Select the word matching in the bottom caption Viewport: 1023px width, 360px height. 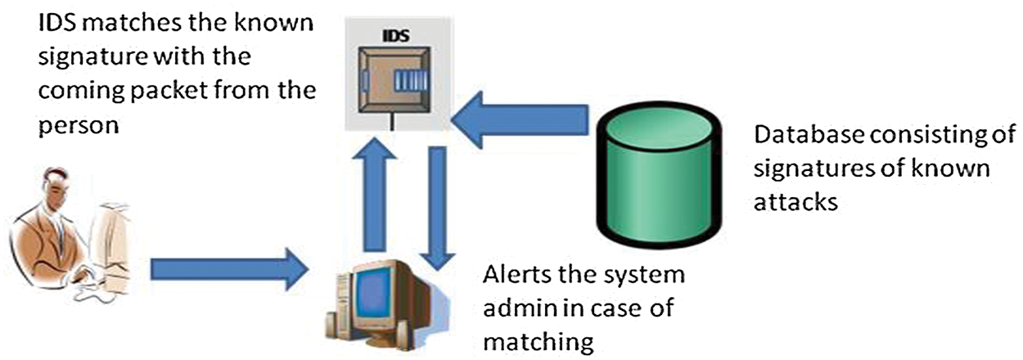point(538,340)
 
